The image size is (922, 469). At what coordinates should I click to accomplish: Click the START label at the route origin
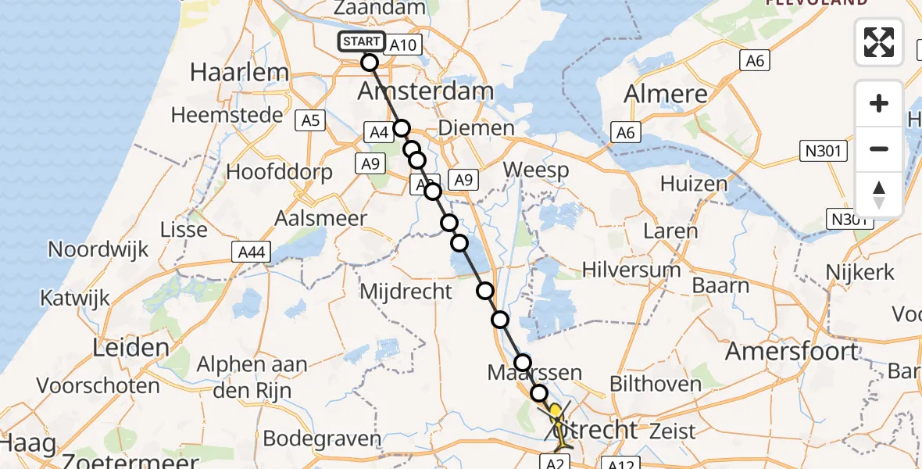click(361, 41)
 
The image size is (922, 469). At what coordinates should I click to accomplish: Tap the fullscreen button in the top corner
click(879, 42)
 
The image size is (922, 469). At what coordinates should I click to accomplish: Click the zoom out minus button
click(879, 149)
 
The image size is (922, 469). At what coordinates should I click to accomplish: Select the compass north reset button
click(879, 195)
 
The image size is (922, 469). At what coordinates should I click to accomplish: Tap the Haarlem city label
click(239, 73)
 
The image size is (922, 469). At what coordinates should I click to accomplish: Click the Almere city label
click(666, 94)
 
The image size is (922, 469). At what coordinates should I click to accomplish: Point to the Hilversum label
click(631, 270)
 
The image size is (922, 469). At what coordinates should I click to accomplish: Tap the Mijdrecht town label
click(406, 292)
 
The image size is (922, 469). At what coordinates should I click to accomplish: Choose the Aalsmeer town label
click(320, 218)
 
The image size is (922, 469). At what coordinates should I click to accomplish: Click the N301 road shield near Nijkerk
click(849, 220)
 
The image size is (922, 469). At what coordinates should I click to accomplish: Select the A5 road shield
click(310, 120)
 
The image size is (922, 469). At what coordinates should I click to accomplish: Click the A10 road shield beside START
click(402, 45)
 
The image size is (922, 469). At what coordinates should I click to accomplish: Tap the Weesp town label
click(535, 169)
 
